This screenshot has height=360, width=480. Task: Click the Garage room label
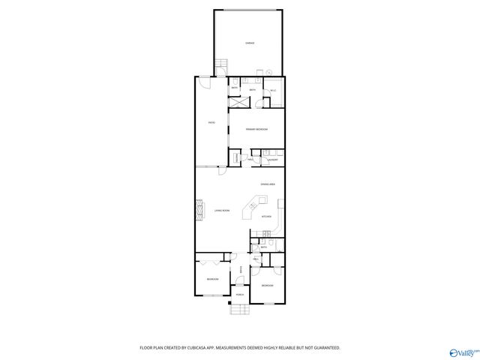pyautogui.click(x=250, y=43)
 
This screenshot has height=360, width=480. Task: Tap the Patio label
pyautogui.click(x=212, y=122)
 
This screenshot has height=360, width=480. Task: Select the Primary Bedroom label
pyautogui.click(x=256, y=130)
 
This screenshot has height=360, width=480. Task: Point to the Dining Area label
pyautogui.click(x=268, y=184)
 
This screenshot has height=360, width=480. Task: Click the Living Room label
pyautogui.click(x=221, y=211)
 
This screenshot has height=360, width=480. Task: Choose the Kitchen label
pyautogui.click(x=265, y=217)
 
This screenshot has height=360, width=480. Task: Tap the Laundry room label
pyautogui.click(x=274, y=160)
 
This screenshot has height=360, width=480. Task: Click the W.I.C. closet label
pyautogui.click(x=273, y=91)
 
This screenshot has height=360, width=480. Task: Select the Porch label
pyautogui.click(x=239, y=295)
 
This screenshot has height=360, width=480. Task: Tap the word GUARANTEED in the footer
pyautogui.click(x=325, y=348)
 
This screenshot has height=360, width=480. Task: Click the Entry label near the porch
pyautogui.click(x=239, y=270)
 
